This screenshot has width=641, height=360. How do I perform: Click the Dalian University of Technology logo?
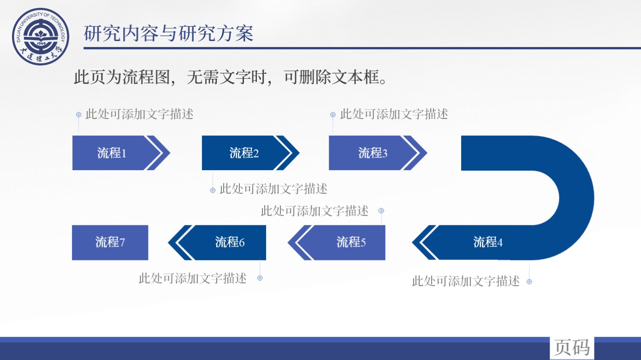point(41,36)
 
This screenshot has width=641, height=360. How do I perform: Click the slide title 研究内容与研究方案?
point(168,34)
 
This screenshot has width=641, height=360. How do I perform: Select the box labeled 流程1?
point(121,153)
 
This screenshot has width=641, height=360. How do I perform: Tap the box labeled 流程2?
point(250,153)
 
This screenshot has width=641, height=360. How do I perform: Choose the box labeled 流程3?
point(378,153)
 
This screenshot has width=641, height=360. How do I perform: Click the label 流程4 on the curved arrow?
point(487,242)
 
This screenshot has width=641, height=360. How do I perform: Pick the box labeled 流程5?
point(337,242)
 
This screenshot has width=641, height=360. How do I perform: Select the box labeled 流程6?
point(217,242)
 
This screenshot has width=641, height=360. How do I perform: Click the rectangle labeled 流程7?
point(110,242)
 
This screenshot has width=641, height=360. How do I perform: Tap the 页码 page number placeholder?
point(572,348)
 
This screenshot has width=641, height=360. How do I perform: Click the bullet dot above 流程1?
point(79,115)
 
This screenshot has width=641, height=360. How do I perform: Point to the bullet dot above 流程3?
point(332,115)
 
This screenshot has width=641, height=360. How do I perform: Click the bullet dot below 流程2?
point(213,190)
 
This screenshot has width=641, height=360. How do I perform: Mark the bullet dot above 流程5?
point(381,211)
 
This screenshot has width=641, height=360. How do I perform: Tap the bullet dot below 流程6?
point(260,278)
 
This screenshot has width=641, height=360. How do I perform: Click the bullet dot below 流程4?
point(529,282)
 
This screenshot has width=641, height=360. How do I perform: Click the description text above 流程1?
point(139,114)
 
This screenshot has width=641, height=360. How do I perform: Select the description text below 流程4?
point(466,281)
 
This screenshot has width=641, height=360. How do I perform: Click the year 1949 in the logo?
point(41,43)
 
